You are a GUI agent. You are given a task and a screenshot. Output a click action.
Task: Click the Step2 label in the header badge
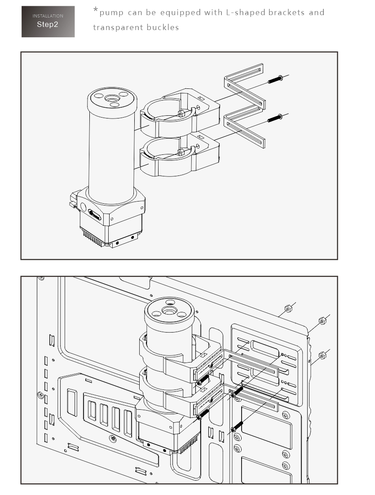click(48, 25)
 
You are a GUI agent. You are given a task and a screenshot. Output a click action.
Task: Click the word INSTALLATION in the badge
click(48, 16)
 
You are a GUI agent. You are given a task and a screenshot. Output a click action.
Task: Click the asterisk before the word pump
click(95, 10)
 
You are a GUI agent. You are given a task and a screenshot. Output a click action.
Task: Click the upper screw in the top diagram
click(275, 79)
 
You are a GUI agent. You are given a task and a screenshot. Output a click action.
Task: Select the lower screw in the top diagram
click(275, 118)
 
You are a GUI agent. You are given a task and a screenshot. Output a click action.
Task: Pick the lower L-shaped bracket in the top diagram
click(244, 126)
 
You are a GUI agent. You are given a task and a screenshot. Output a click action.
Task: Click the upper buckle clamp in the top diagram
click(180, 113)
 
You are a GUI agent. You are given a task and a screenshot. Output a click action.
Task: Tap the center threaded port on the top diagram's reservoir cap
click(112, 98)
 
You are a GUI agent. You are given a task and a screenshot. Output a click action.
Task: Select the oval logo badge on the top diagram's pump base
click(94, 215)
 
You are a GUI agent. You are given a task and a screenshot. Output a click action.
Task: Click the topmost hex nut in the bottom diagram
click(288, 308)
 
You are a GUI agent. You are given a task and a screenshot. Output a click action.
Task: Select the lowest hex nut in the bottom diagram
click(322, 356)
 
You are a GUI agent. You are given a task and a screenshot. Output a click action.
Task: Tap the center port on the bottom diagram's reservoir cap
click(169, 311)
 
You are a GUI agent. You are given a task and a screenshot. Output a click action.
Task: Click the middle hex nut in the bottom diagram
click(322, 321)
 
